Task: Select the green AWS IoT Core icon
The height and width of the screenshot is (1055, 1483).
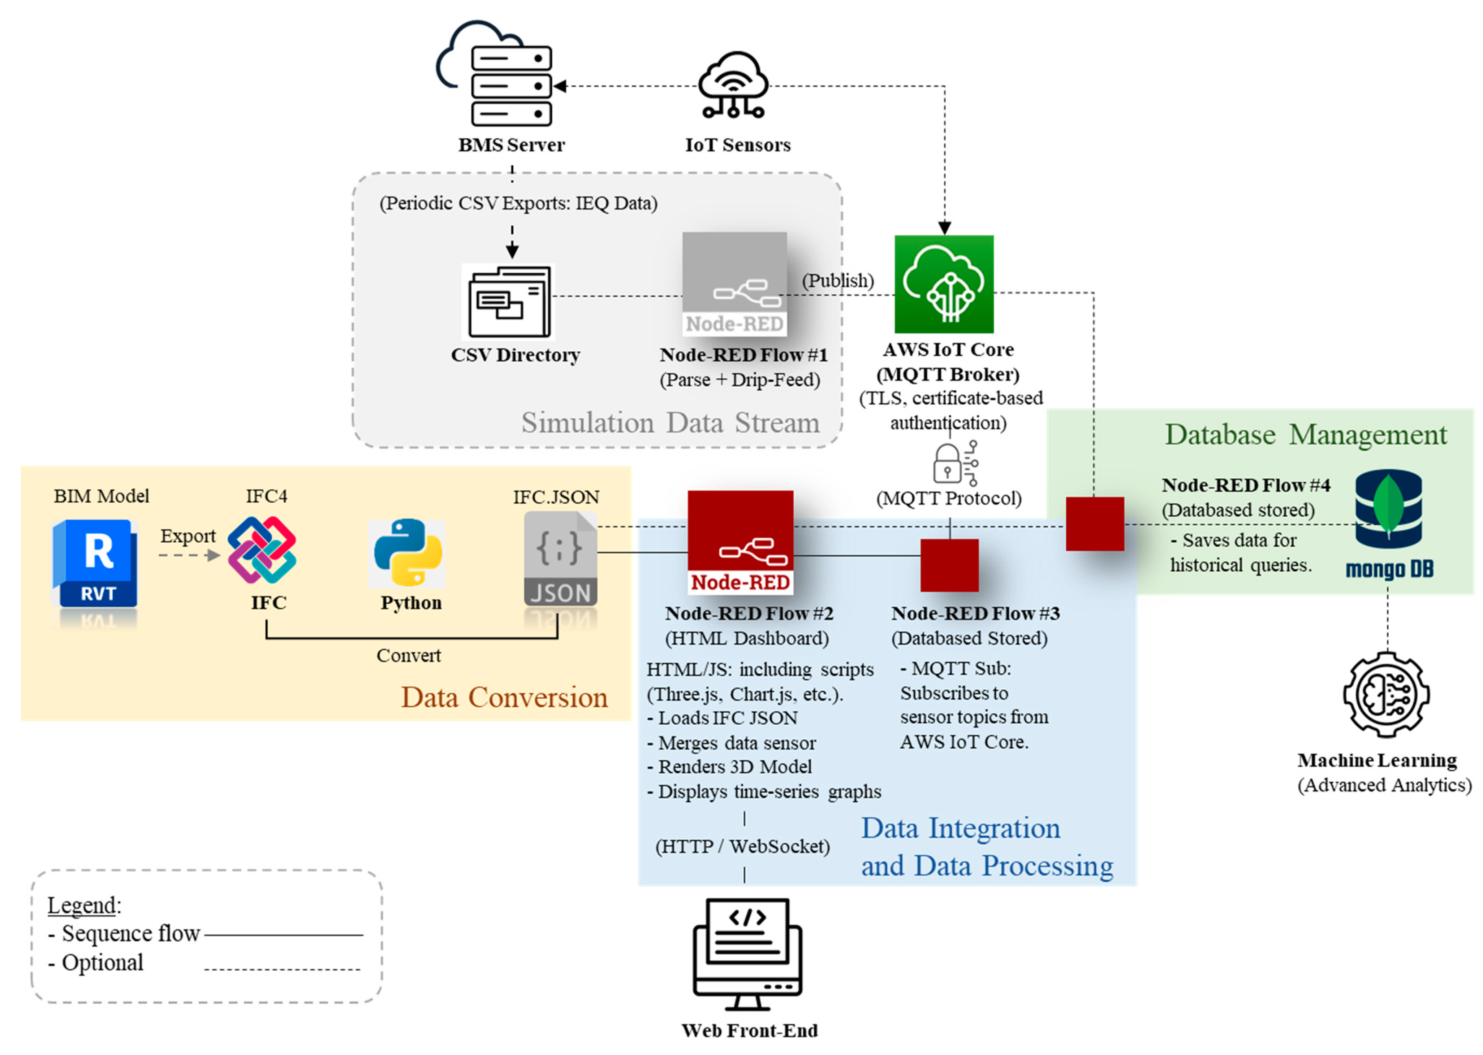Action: pos(944,284)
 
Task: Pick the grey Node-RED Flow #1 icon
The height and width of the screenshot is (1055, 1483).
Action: pos(734,284)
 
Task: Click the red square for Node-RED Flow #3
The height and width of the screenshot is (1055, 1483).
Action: pos(949,565)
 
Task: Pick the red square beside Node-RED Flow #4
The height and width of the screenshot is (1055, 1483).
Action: pos(1094,524)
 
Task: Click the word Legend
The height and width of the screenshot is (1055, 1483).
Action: pos(82,905)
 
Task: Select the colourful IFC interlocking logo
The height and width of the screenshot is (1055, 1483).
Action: pos(262,550)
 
